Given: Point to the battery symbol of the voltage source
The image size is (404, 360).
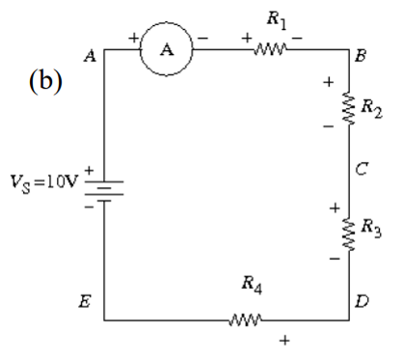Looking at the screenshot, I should (105, 183).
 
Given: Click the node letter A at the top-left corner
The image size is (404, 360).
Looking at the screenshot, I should (91, 56).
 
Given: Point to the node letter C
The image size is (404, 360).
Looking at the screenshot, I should (360, 170).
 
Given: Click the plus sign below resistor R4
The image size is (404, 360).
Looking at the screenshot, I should (283, 340).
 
